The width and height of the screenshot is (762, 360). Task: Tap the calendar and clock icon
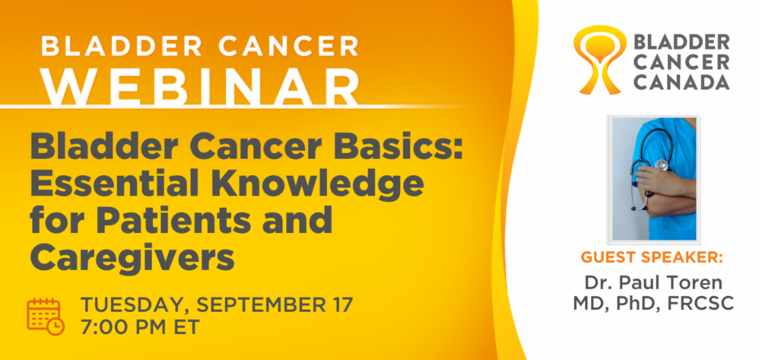(x=46, y=316)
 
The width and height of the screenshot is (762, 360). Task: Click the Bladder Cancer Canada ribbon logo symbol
(x=599, y=60)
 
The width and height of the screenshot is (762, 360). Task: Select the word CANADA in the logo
(x=681, y=83)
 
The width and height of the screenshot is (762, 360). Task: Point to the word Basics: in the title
(x=398, y=146)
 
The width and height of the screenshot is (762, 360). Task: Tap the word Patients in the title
(x=173, y=220)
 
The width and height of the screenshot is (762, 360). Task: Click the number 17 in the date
(x=343, y=305)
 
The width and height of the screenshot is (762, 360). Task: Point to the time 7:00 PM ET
(x=140, y=327)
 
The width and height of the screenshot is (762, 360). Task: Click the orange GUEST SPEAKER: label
(x=652, y=257)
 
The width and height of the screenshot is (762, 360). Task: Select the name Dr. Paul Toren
(x=653, y=283)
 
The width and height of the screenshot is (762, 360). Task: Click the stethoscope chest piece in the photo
(x=661, y=165)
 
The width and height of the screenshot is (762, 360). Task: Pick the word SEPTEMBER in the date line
(x=261, y=305)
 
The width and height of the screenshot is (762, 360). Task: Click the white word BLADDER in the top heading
(x=122, y=46)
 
